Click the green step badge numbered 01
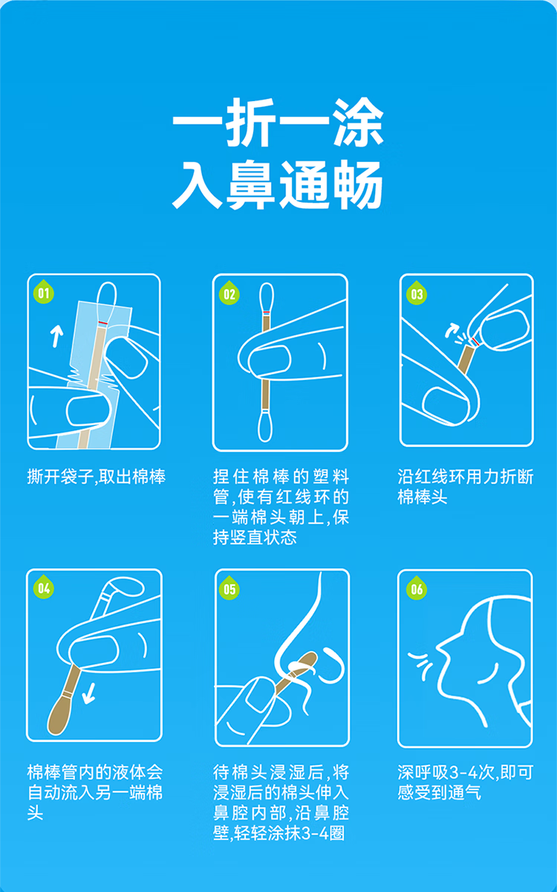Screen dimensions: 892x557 tap(43, 293)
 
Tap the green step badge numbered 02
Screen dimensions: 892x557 tap(229, 294)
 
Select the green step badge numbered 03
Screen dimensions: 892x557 tap(417, 294)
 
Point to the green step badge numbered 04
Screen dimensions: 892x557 tap(44, 589)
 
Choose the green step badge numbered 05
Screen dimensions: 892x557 tap(230, 589)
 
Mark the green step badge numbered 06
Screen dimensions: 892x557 tap(417, 589)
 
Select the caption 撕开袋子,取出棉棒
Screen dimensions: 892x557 tap(96, 476)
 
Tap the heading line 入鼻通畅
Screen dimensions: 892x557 tap(278, 184)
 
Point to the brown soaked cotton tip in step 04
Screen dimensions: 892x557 tap(59, 713)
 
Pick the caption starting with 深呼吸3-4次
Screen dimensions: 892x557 tap(465, 782)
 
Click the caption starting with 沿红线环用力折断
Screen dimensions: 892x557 tap(465, 486)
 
